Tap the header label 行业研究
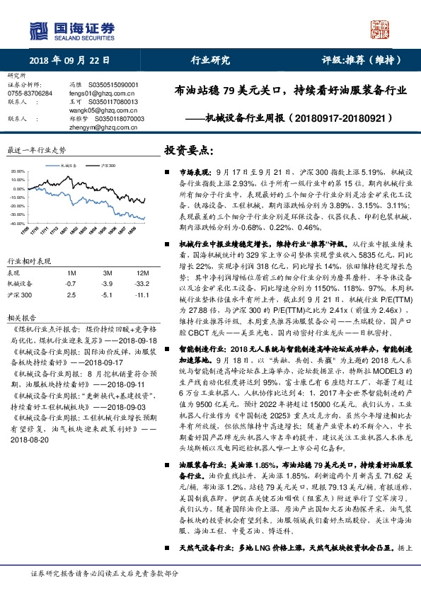[x=211, y=60]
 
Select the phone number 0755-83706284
[x=30, y=93]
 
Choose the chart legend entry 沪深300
[x=105, y=164]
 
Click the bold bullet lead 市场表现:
[x=195, y=172]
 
